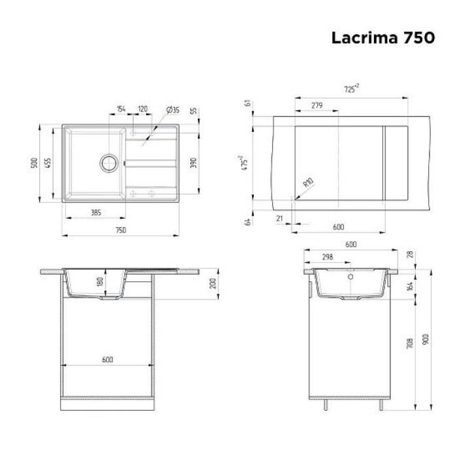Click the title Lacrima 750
point(383,38)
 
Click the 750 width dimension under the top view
point(121,230)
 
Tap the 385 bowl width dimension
point(96,213)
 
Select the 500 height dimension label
point(35,163)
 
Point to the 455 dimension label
point(48,163)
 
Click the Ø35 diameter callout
point(173,110)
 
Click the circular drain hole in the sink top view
point(109,163)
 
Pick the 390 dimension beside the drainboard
point(194,163)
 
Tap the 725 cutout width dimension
point(351,88)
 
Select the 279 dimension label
point(317,105)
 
